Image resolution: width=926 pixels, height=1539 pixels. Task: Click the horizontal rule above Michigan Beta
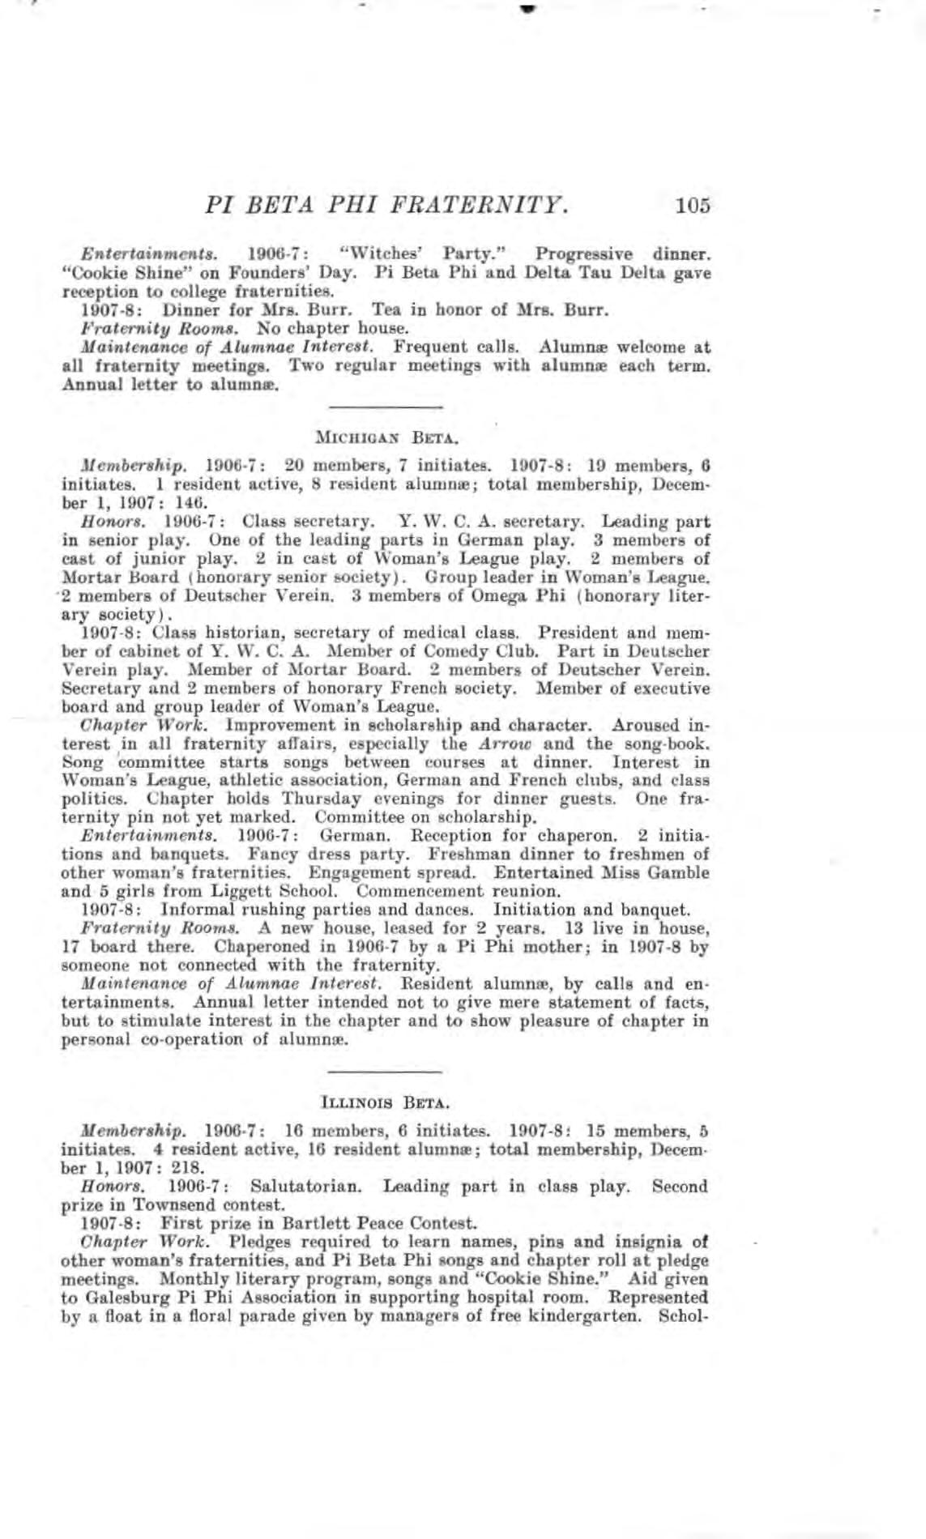click(x=386, y=405)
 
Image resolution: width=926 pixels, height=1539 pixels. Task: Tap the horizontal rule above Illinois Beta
click(x=386, y=1071)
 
